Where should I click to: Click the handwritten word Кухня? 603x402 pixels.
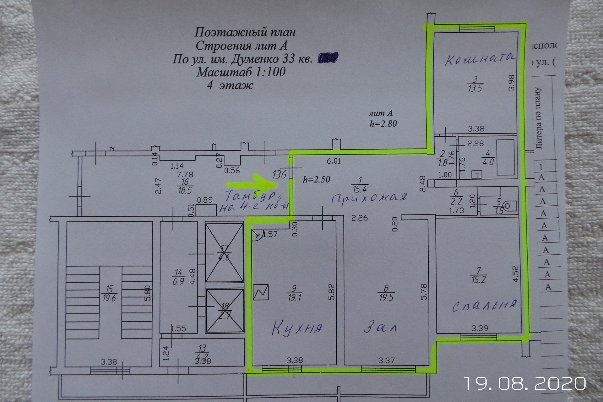pyautogui.click(x=297, y=328)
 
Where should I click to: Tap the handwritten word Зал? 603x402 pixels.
pyautogui.click(x=380, y=327)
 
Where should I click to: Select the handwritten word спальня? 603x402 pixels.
pyautogui.click(x=484, y=305)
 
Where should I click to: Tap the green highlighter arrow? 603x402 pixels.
pyautogui.click(x=251, y=183)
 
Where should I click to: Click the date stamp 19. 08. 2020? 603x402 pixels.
pyautogui.click(x=525, y=383)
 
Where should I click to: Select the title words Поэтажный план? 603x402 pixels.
pyautogui.click(x=245, y=32)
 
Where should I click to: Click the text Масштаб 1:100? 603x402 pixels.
pyautogui.click(x=241, y=72)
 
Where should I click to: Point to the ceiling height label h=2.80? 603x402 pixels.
pyautogui.click(x=383, y=123)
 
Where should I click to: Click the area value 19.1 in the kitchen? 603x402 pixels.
pyautogui.click(x=294, y=297)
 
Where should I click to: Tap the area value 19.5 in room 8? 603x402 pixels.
pyautogui.click(x=386, y=297)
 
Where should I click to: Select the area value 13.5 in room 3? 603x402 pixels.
pyautogui.click(x=475, y=88)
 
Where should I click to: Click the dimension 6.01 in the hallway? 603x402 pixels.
pyautogui.click(x=334, y=161)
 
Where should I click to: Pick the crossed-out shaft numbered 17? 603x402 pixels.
pyautogui.click(x=224, y=253)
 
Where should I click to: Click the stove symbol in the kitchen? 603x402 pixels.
pyautogui.click(x=261, y=292)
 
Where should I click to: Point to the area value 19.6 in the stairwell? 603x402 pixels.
pyautogui.click(x=109, y=298)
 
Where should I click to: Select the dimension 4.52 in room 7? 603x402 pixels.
pyautogui.click(x=515, y=274)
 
